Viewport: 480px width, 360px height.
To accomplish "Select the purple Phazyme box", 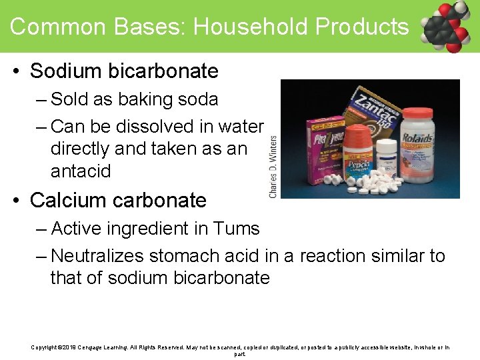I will point(323,147).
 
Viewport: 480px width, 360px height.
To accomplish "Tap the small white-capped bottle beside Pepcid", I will point(385,158).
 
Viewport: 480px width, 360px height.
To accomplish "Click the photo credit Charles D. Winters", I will point(273,167).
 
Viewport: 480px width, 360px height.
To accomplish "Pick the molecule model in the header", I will point(445,27).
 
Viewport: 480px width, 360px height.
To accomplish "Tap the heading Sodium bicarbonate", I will point(124,71).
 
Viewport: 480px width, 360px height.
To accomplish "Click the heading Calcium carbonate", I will point(118,200).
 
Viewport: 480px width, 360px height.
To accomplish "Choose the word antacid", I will point(81,171).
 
